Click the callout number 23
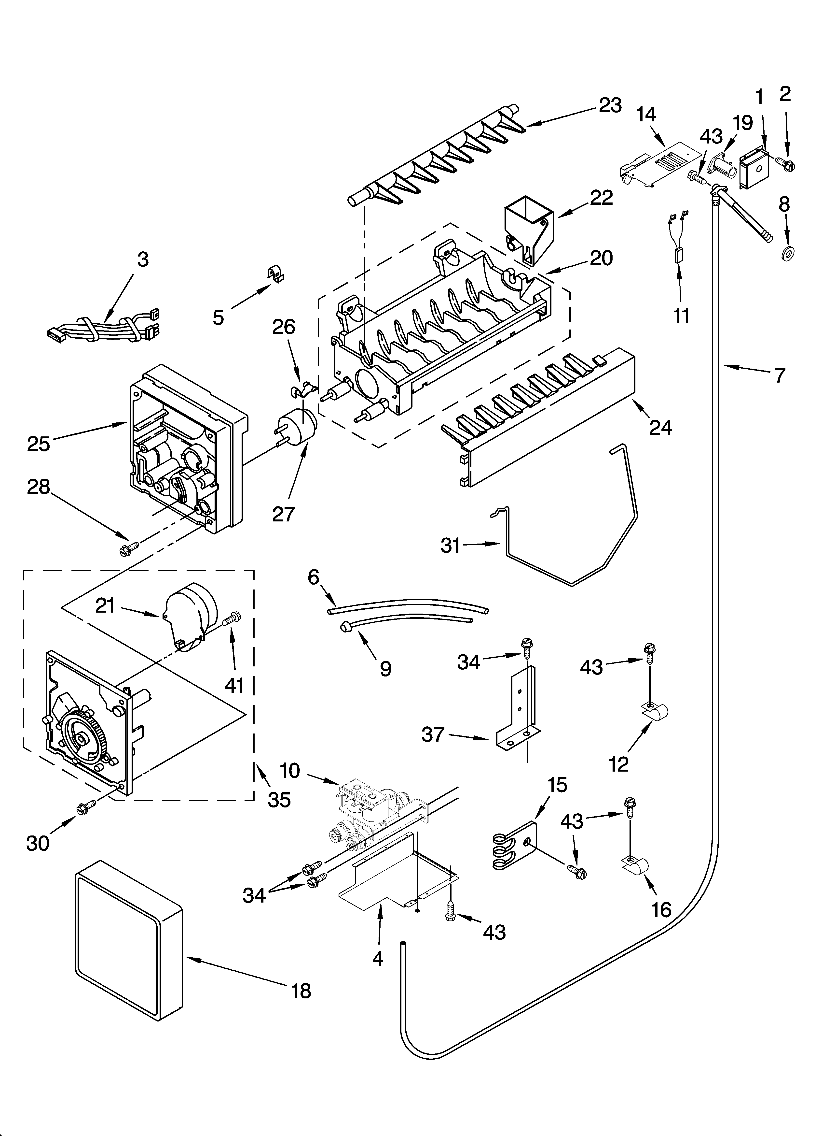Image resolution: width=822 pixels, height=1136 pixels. click(610, 105)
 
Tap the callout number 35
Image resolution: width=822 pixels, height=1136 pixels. click(279, 800)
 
